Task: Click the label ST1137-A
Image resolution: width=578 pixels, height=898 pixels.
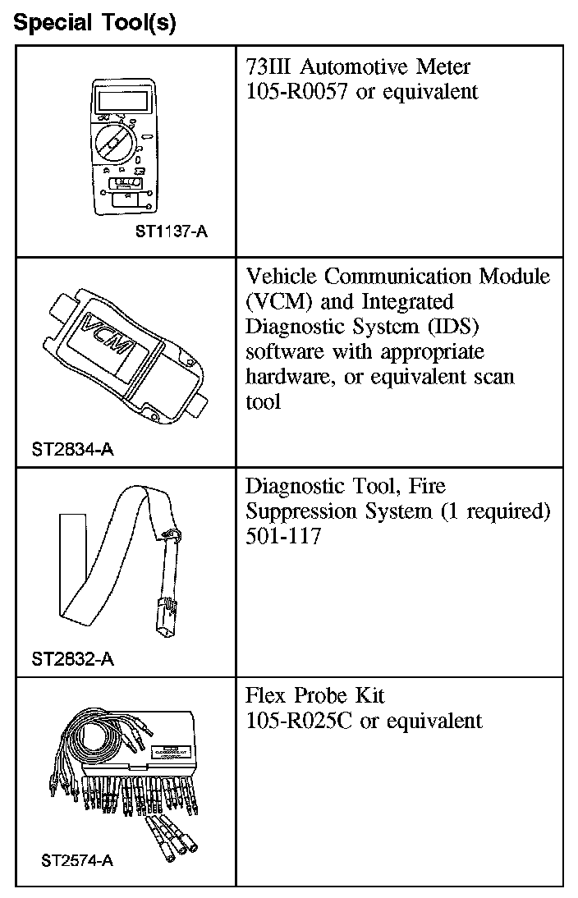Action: pos(172,231)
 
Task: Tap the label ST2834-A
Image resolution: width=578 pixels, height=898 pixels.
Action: pos(73,450)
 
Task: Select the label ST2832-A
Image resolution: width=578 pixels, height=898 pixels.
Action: pos(73,658)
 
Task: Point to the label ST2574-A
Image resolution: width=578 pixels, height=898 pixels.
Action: pos(76,861)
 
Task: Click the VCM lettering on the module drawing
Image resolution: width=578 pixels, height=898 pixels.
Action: pos(111,335)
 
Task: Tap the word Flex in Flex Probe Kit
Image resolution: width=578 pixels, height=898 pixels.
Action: pos(268,696)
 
